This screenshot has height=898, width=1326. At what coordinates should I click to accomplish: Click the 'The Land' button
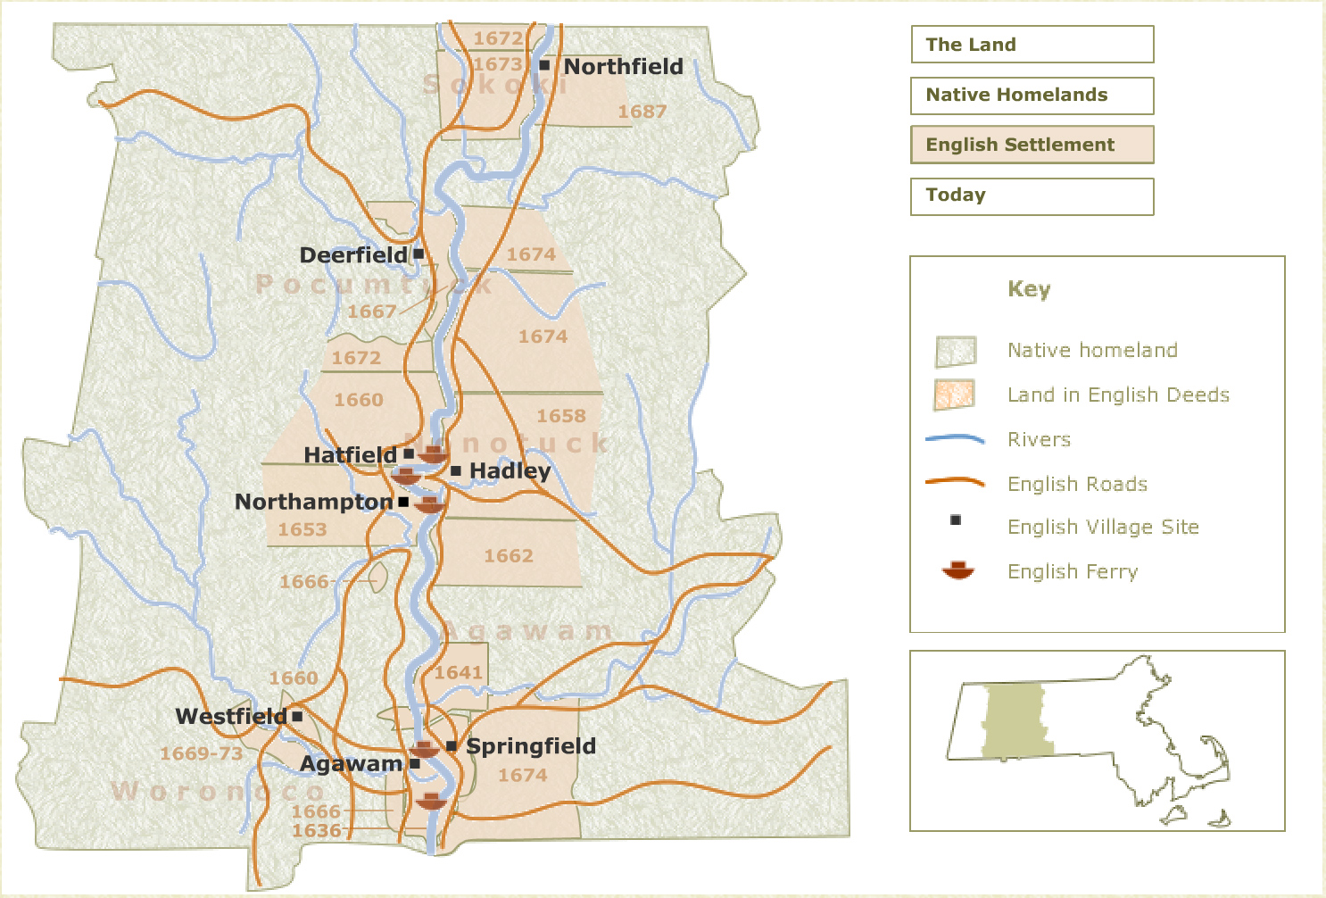coord(1032,45)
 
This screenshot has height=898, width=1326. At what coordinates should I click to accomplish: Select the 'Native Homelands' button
coord(1032,96)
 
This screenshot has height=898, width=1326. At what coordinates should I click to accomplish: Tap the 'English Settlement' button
coord(1032,145)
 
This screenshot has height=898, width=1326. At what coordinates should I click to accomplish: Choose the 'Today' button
coord(1032,195)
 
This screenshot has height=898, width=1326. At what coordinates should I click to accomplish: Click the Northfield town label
coord(623,67)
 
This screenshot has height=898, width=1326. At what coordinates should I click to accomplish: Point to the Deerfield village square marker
coord(419,254)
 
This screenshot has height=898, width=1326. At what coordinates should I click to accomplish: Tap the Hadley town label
coord(510,470)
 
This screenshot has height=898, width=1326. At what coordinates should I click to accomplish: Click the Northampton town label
coord(313,502)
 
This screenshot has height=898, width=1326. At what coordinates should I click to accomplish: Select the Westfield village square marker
coord(297,716)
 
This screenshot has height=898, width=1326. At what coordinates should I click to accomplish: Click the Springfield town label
coord(531,746)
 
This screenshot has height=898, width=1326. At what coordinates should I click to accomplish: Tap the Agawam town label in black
coord(351,764)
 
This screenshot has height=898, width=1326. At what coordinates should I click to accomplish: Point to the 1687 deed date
coord(642,112)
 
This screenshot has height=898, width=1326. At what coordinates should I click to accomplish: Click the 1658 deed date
coord(561,416)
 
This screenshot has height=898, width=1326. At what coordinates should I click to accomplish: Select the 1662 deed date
coord(509,556)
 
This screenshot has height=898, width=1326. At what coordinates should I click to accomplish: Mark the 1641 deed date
coord(459,673)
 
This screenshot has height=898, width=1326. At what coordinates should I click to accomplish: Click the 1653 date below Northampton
coord(302,529)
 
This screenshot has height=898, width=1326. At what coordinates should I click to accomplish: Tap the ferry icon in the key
coord(957,570)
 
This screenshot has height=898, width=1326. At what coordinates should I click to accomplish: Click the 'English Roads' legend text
coord(1077,484)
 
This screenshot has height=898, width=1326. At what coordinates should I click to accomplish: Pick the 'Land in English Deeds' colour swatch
coord(954,395)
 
